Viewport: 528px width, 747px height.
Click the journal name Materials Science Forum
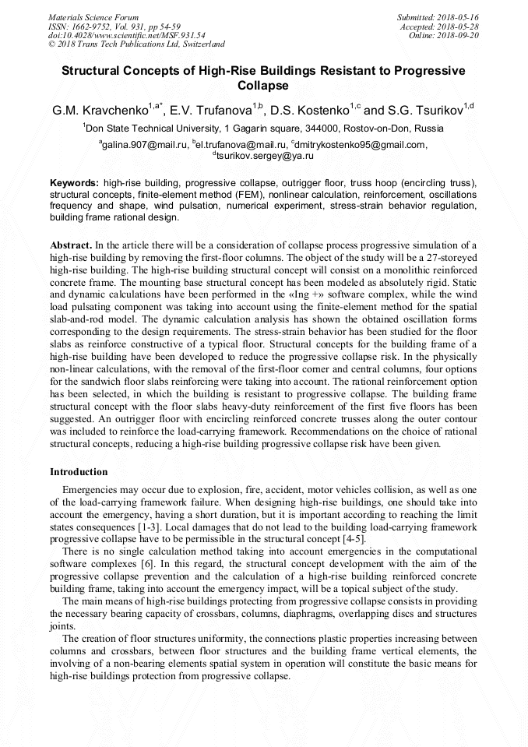[93, 16]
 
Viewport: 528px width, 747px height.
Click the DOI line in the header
[127, 35]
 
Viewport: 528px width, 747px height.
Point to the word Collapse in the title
[263, 86]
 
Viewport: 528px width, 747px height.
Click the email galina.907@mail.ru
[146, 144]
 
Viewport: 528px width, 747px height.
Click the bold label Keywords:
[74, 181]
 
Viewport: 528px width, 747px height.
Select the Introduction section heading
[79, 472]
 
